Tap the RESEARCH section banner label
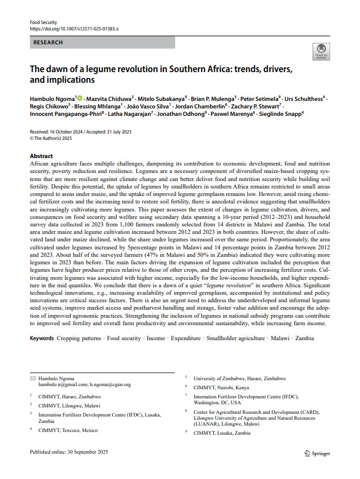(x=48, y=42)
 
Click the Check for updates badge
(x=321, y=51)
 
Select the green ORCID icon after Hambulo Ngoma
(x=80, y=99)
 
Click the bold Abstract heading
(x=41, y=156)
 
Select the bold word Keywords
(x=42, y=338)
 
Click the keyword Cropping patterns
(x=79, y=338)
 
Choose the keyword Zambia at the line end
(x=304, y=338)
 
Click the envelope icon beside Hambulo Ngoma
(x=33, y=378)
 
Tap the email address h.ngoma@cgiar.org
(x=111, y=384)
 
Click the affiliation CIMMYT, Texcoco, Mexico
(x=68, y=430)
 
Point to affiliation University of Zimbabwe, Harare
(x=239, y=378)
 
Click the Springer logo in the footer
(x=317, y=453)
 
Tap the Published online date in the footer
(x=69, y=452)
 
